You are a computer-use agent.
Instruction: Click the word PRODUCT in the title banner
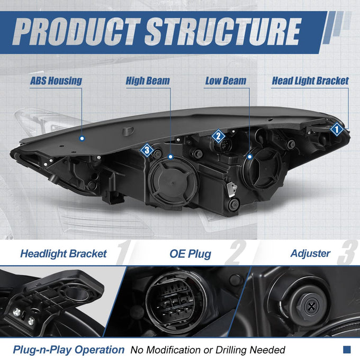(76, 31)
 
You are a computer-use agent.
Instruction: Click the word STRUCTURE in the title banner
(223, 31)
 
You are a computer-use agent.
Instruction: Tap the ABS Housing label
(56, 81)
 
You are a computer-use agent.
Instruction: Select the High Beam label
(148, 81)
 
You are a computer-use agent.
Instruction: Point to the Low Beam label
(226, 81)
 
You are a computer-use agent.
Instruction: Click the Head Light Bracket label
(310, 81)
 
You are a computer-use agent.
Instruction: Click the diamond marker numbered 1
(337, 129)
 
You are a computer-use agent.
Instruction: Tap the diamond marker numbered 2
(218, 136)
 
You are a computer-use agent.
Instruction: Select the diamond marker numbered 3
(147, 150)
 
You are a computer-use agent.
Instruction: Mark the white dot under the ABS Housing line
(82, 139)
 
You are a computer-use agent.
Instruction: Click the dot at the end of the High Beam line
(170, 157)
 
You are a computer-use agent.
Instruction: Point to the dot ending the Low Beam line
(250, 157)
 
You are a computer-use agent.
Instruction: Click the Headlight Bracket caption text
(64, 254)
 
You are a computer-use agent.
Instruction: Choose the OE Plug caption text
(190, 254)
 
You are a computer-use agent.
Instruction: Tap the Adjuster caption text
(310, 254)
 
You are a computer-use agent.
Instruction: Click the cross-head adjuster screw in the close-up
(311, 306)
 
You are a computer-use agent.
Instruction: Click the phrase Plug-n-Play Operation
(69, 350)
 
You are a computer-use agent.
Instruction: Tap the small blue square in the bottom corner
(347, 349)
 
